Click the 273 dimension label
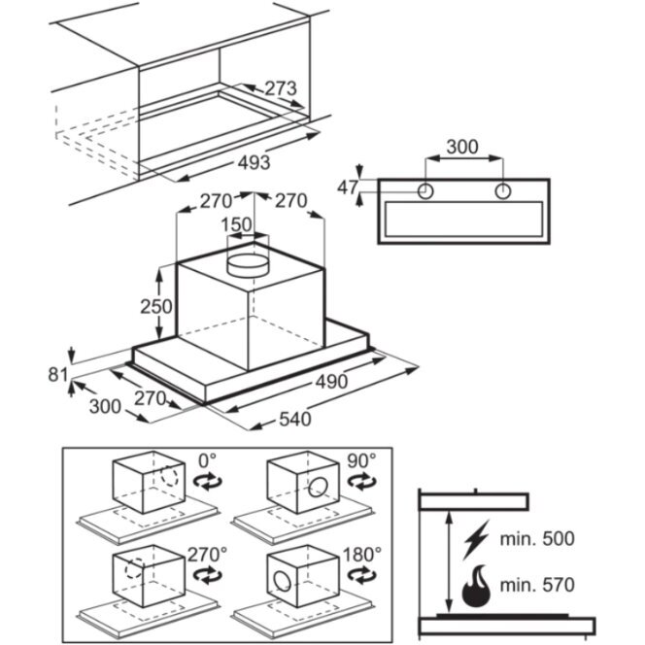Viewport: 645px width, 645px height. click(280, 89)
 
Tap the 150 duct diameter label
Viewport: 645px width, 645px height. click(239, 224)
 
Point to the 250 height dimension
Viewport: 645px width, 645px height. click(155, 306)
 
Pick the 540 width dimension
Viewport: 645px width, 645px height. click(293, 420)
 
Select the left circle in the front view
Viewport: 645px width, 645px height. click(425, 191)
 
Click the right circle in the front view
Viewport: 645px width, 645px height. click(502, 191)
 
